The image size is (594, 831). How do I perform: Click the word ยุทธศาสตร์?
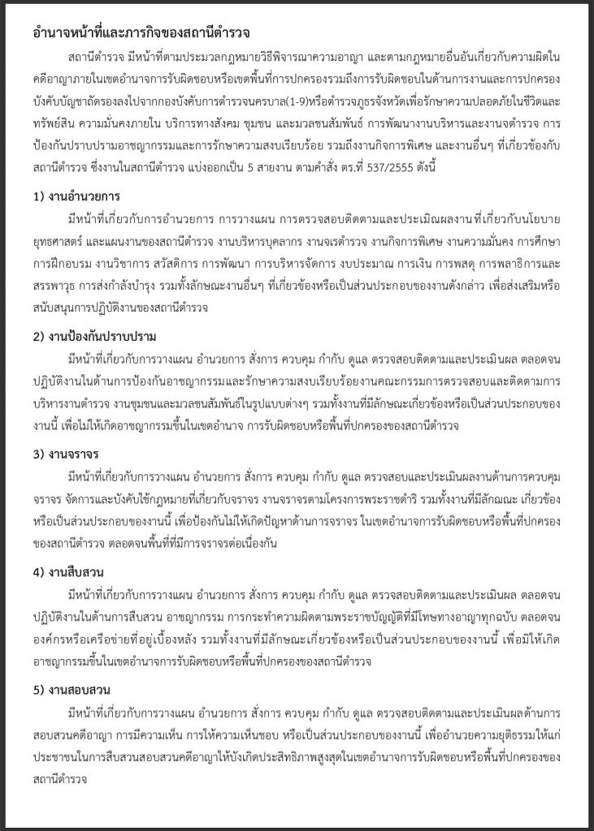coord(62,242)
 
